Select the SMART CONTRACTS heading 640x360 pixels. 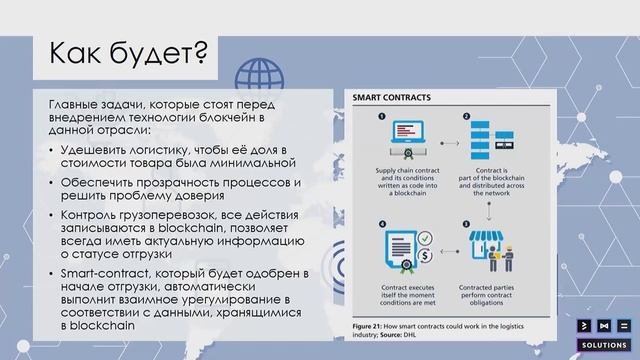pos(391,98)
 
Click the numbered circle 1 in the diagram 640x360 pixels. pos(381,116)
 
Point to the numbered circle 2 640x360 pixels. pos(466,116)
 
